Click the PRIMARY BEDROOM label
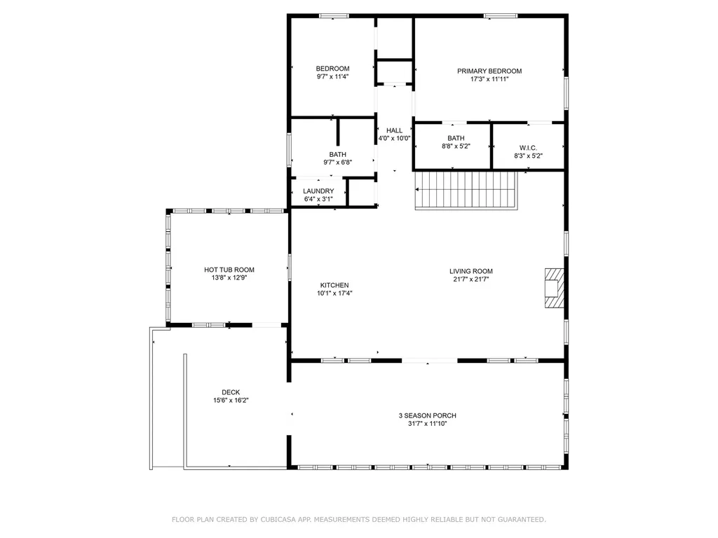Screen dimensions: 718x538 tap(489, 71)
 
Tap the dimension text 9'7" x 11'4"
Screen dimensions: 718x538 tap(333, 76)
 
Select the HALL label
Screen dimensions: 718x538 tap(394, 130)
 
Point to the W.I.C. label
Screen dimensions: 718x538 tap(528, 148)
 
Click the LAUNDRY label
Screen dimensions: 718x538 tap(318, 191)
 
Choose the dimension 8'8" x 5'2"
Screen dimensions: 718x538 tap(456, 146)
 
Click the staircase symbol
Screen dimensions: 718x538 tap(466, 191)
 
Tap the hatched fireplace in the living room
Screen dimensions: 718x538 tap(554, 288)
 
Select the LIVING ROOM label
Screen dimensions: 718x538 tap(471, 271)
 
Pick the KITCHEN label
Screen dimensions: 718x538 tap(334, 285)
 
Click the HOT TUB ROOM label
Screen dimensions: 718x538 tap(229, 270)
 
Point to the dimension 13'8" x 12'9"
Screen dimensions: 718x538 tap(229, 277)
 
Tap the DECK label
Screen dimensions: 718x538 tap(231, 392)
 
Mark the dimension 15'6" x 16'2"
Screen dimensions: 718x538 tap(231, 400)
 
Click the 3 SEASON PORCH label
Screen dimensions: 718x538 tap(427, 415)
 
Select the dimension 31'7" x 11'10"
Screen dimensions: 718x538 tap(427, 424)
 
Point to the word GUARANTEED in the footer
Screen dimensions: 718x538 tap(522, 519)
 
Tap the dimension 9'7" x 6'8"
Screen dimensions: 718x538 tap(338, 163)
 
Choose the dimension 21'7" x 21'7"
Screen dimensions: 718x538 tap(471, 279)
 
